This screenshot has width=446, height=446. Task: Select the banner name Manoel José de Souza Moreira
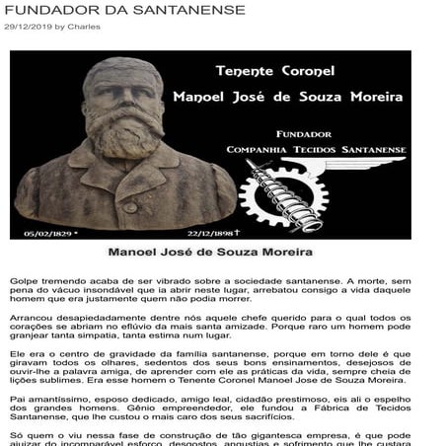[x=287, y=98]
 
